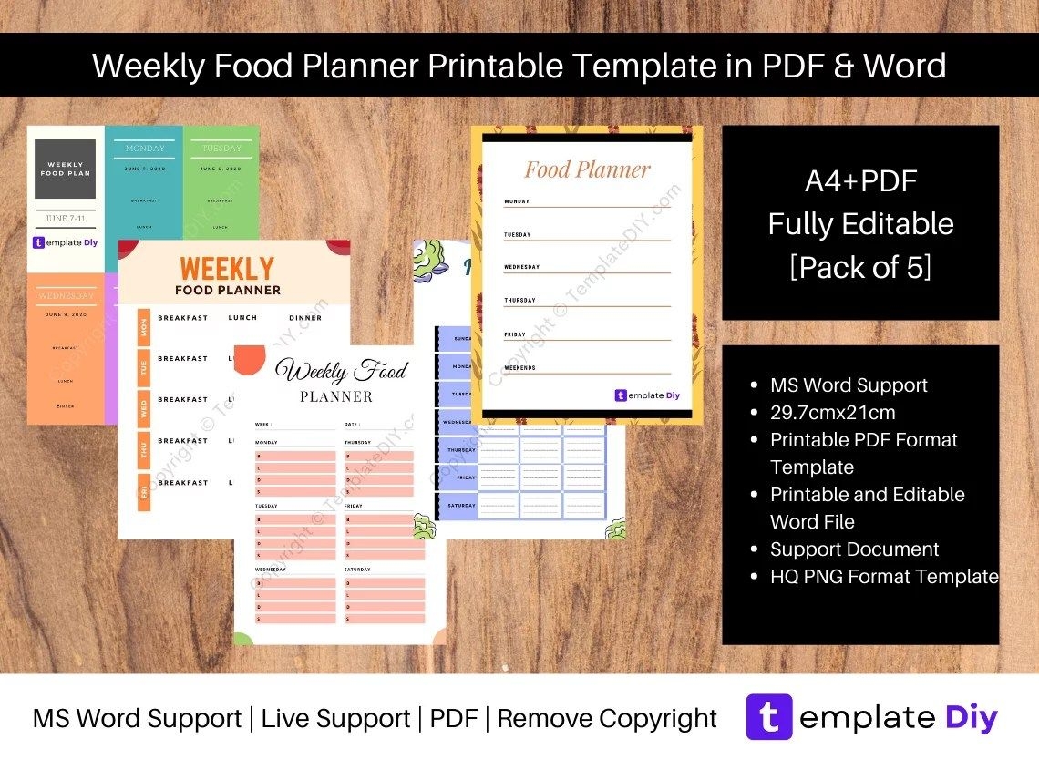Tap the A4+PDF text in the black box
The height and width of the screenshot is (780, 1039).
coord(860,181)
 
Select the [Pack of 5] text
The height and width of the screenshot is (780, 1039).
coord(860,268)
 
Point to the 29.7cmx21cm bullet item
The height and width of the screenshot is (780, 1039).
coord(832,413)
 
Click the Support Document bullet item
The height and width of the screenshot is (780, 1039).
coord(854,549)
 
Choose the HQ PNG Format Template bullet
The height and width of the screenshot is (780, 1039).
coord(884,577)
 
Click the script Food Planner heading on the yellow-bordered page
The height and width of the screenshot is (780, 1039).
coord(587,169)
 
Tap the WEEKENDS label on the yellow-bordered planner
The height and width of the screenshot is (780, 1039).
coord(519,368)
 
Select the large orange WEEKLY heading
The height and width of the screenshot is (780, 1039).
coord(227,269)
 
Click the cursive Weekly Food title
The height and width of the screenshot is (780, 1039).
coord(341,371)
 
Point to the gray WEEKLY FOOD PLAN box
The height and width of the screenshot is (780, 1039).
coord(65,169)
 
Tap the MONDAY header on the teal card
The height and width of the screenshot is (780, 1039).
coord(145,149)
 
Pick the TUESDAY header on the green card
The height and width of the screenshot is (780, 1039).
coord(221,149)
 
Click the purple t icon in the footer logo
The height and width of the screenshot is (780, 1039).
coord(768,718)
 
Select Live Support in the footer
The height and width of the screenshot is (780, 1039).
coord(335,719)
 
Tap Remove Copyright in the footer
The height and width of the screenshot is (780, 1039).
coord(607,719)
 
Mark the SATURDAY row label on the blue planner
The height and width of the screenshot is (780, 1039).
coord(461,506)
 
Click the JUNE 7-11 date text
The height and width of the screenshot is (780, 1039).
coord(65,219)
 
